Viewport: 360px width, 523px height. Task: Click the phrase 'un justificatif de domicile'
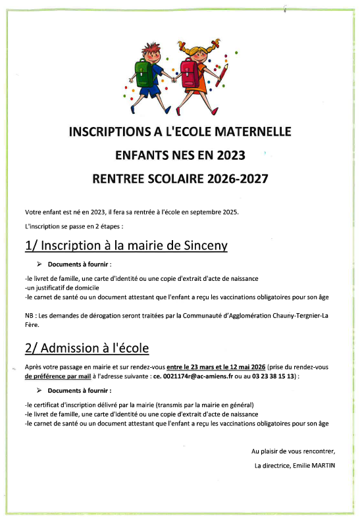(62, 287)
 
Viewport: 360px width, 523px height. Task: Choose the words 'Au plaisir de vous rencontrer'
(293, 451)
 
